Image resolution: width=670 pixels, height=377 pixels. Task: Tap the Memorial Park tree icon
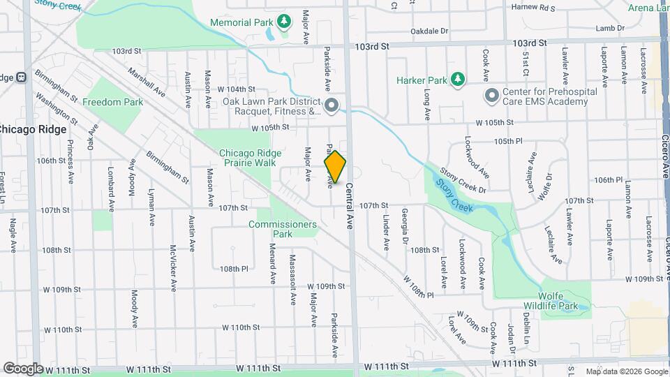[x=283, y=22]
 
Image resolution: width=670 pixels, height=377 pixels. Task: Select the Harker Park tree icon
[x=457, y=80]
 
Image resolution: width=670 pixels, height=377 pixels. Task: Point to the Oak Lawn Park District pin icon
[x=332, y=105]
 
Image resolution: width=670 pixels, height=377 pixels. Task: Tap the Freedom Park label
[x=112, y=102]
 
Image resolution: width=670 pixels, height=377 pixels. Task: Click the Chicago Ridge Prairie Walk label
[x=251, y=158]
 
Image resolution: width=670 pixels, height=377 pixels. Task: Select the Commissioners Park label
[x=283, y=229]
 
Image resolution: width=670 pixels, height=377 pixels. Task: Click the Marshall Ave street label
[x=147, y=82]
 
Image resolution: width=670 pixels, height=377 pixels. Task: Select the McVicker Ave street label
[x=172, y=267]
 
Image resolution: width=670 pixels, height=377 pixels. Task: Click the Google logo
[x=23, y=369]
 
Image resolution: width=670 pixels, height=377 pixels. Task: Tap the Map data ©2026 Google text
[x=626, y=371]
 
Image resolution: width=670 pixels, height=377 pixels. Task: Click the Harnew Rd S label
[x=533, y=8]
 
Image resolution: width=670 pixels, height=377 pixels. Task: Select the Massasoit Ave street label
[x=293, y=279]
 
